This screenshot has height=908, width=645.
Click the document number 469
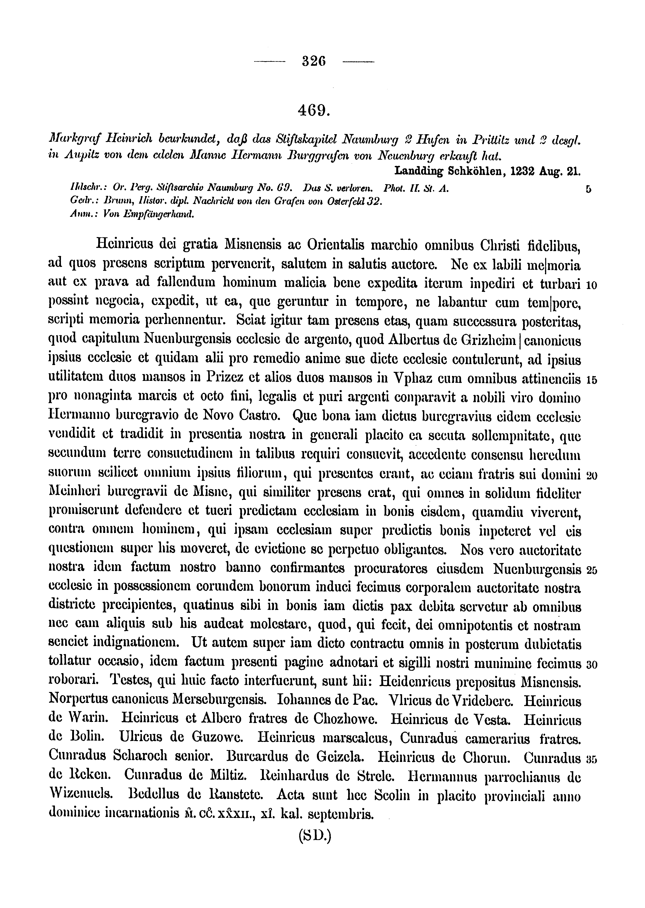pyautogui.click(x=314, y=109)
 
